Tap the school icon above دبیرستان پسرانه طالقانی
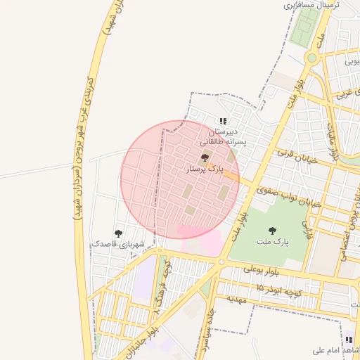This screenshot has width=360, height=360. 224,121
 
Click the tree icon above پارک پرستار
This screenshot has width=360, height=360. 205,157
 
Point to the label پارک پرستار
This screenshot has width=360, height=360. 205,169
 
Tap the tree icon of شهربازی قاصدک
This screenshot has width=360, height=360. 117,233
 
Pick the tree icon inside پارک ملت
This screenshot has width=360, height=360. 272,231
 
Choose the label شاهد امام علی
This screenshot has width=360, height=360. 336,350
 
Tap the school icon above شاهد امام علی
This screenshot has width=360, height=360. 349,340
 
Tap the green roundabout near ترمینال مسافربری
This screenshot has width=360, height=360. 311,58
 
